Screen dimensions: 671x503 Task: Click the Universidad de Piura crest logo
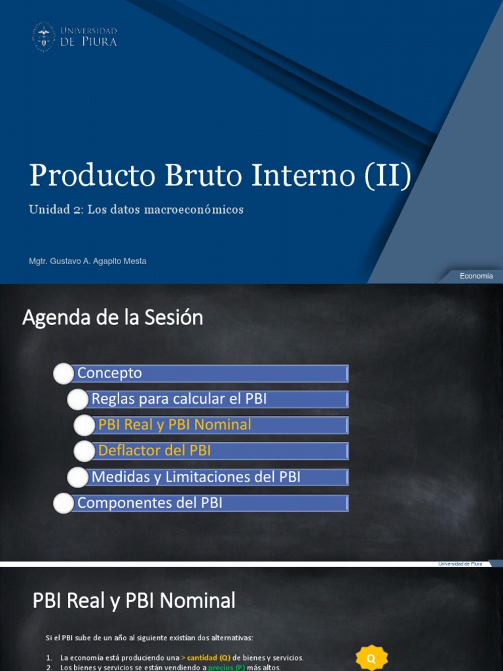click(x=44, y=36)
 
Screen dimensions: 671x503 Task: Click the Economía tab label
click(x=476, y=276)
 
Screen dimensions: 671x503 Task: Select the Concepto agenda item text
click(x=109, y=373)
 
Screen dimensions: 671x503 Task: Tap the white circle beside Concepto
click(x=63, y=374)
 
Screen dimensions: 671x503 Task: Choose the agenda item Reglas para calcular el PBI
click(x=179, y=399)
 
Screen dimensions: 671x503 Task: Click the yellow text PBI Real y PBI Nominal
click(x=174, y=425)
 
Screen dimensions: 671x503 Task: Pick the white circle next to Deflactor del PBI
click(x=84, y=451)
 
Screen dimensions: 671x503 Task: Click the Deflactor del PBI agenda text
click(x=154, y=451)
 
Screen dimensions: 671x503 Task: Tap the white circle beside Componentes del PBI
click(x=63, y=503)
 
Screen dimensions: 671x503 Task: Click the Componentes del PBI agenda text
click(x=149, y=503)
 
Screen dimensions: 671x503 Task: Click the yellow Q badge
click(x=371, y=658)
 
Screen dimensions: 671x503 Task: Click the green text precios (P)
click(x=227, y=667)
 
